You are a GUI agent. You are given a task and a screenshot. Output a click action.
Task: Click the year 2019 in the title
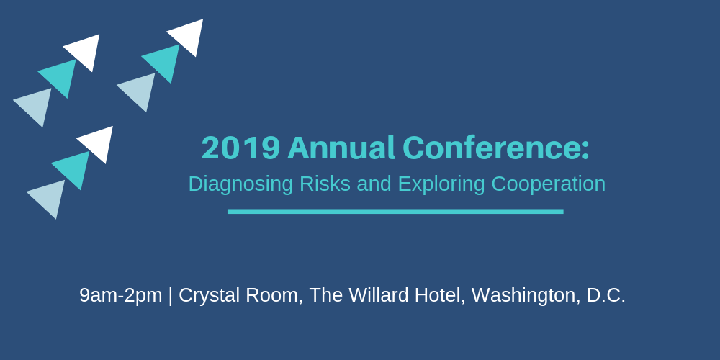click(240, 148)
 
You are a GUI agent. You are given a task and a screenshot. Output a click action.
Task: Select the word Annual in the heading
click(341, 148)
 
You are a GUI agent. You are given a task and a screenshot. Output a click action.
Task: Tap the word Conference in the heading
click(492, 148)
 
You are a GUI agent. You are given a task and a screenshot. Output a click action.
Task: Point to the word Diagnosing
click(240, 184)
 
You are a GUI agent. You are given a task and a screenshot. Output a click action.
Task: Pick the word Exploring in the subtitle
click(441, 184)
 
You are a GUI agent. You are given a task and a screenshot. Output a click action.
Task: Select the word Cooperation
click(548, 184)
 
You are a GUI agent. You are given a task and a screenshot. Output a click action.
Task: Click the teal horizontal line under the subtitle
click(395, 211)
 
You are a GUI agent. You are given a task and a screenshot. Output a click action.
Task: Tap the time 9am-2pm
click(121, 296)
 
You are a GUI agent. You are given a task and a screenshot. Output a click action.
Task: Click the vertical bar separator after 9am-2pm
click(171, 296)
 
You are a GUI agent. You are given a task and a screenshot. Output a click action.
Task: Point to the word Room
click(276, 296)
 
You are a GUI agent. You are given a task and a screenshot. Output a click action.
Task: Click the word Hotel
click(440, 296)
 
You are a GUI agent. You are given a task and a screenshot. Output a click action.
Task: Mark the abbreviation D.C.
click(606, 295)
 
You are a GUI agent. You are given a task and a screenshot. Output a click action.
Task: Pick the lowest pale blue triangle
click(50, 197)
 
